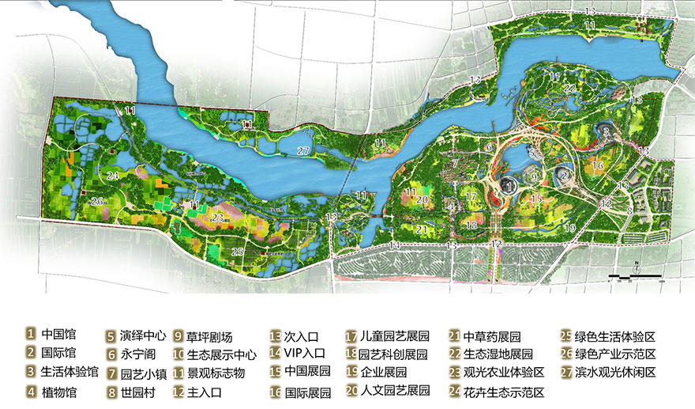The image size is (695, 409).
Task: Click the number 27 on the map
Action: (x=303, y=150)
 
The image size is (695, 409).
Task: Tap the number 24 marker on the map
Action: (x=114, y=176)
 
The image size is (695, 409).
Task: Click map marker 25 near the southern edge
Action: (x=238, y=252)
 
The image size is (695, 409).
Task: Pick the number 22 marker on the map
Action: (x=569, y=89)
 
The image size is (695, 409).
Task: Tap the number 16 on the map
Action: (x=598, y=165)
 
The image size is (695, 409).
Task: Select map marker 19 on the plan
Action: (x=569, y=228)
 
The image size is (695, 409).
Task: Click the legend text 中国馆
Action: (x=58, y=334)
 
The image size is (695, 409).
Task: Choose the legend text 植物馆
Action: (x=58, y=391)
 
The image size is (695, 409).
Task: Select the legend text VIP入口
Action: (x=300, y=353)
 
